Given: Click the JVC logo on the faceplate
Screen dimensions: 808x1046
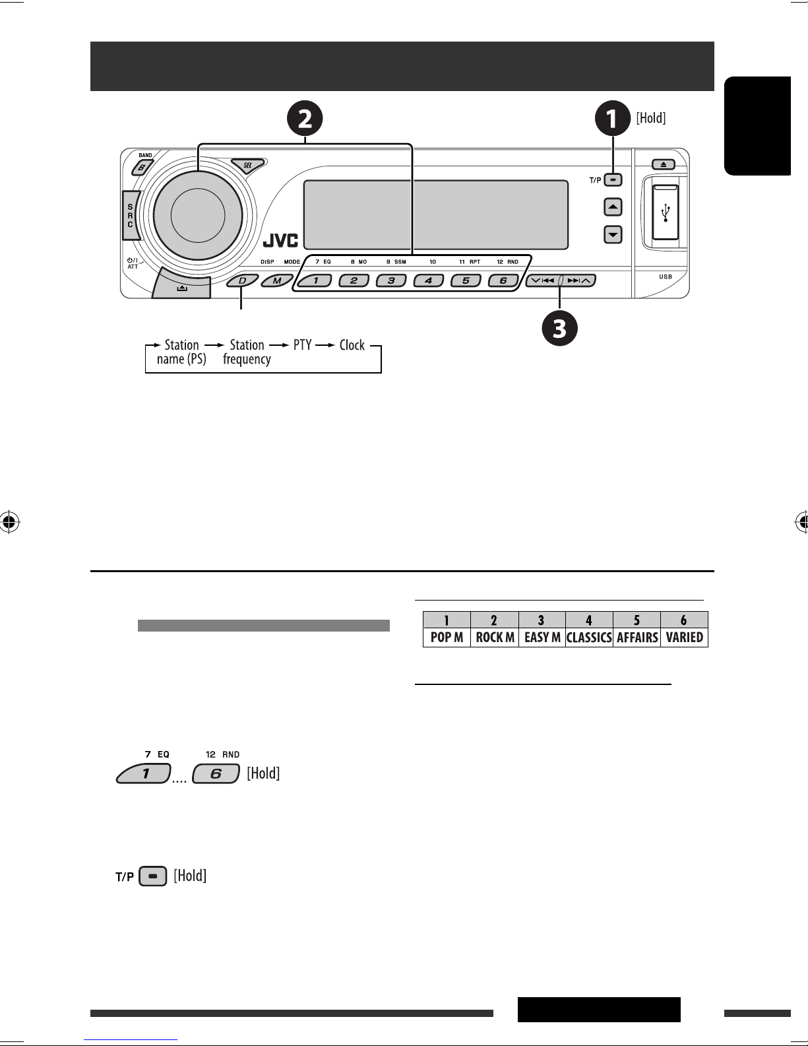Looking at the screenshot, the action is coord(280,240).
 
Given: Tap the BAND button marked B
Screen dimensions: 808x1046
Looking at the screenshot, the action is coord(142,168).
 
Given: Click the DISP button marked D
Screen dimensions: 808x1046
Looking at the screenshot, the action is coord(243,280).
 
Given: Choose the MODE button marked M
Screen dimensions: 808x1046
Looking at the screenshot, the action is coord(277,280).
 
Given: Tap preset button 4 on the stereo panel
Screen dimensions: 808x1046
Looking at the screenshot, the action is coord(429,280).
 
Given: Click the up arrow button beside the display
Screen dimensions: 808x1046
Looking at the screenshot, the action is coord(613,207).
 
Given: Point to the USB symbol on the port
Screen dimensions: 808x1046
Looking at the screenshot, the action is coord(666,212).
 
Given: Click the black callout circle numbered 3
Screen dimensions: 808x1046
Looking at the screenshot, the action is coord(559,329).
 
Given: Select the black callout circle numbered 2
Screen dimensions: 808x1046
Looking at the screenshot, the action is coord(305,118).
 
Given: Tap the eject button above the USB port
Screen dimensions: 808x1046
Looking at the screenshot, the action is coord(664,164).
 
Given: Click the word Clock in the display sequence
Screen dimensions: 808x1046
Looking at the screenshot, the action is coord(352,345).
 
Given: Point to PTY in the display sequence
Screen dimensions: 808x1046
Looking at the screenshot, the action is coord(303,345).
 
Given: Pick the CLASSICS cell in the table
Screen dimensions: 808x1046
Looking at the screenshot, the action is coord(589,637).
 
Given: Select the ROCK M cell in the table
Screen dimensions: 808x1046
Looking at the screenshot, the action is coord(495,637).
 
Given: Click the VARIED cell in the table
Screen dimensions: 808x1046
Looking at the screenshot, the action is coord(685,637).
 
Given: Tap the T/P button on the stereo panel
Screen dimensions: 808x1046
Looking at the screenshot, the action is coord(613,180).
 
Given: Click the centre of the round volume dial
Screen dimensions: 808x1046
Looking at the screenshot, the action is coord(198,215).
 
